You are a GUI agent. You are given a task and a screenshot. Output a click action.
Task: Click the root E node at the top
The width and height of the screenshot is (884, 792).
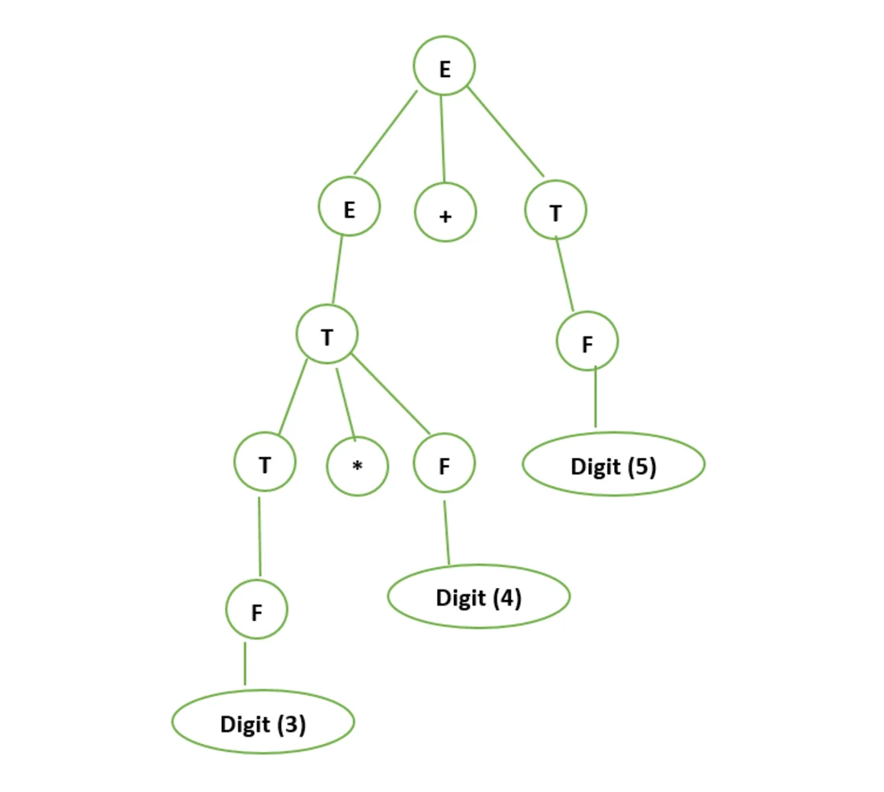[444, 66]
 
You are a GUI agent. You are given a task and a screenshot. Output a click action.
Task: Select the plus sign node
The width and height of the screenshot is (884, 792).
[445, 214]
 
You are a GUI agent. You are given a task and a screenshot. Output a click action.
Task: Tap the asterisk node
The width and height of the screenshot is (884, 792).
[358, 465]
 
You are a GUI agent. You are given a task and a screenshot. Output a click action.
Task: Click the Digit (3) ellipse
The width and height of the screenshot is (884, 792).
[263, 723]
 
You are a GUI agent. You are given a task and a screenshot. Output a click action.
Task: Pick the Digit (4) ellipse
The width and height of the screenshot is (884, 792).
[479, 597]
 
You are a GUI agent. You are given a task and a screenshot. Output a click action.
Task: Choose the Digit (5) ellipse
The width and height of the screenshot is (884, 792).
[614, 465]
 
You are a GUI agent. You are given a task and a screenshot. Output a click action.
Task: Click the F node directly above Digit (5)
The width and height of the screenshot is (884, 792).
[587, 342]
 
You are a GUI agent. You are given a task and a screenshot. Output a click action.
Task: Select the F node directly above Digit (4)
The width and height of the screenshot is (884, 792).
[444, 463]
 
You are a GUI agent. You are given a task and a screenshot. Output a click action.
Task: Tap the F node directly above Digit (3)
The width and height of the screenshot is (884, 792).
[256, 610]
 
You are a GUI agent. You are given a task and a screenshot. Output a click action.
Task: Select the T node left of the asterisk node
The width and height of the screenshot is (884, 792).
[264, 463]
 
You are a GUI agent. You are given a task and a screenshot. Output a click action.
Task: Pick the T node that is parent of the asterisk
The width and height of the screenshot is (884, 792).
[326, 335]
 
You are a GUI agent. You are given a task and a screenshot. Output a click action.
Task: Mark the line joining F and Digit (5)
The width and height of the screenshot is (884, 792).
[595, 398]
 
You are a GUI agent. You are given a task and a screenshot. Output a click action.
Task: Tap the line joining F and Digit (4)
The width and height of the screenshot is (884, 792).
[446, 533]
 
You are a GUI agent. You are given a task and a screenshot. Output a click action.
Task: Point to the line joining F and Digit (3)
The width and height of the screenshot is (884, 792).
[245, 664]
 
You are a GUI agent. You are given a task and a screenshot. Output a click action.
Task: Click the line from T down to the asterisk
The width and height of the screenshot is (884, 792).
[345, 402]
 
